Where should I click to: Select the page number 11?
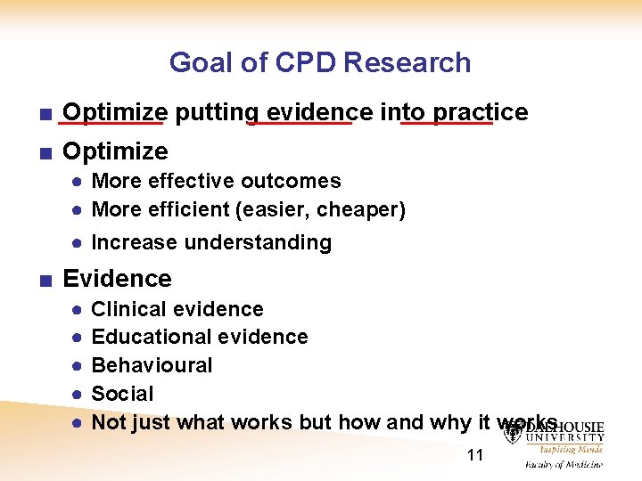click(x=475, y=455)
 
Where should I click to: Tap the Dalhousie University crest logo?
click(x=514, y=431)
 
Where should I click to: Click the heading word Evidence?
click(x=117, y=279)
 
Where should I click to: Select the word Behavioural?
click(x=152, y=365)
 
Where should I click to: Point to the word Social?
click(x=122, y=394)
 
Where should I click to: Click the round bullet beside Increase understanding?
click(x=78, y=242)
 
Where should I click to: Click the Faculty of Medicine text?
click(x=563, y=464)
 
